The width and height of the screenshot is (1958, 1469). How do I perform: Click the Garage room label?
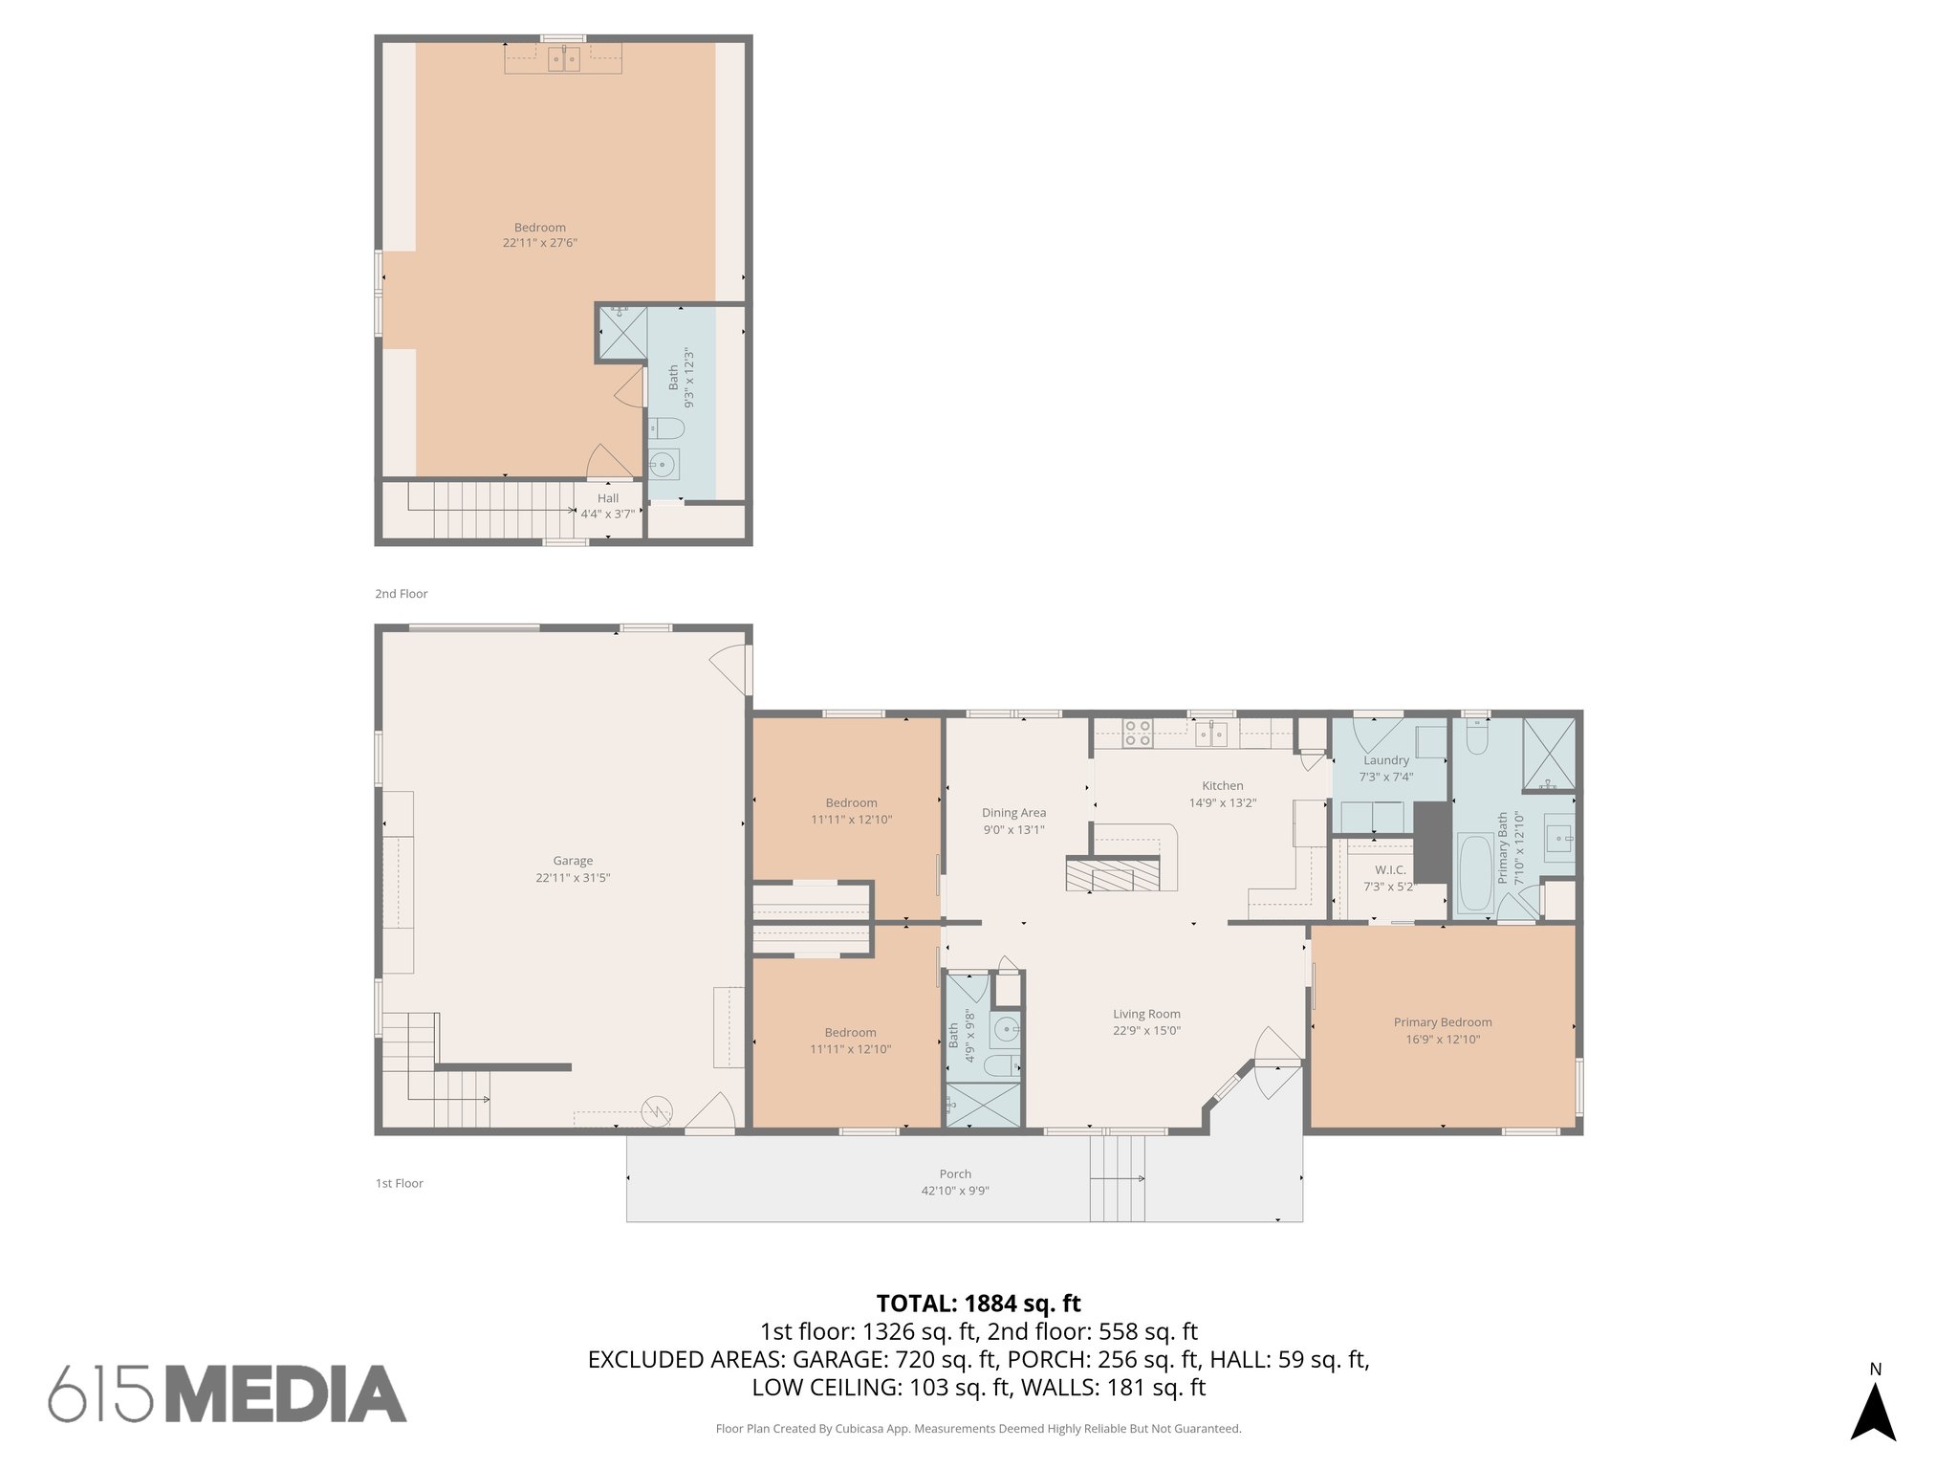[x=573, y=861]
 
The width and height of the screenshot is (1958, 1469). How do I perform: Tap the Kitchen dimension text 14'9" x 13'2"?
[x=1222, y=803]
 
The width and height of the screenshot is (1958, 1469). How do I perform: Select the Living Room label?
[x=1146, y=1014]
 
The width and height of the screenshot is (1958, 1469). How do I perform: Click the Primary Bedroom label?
[x=1442, y=1022]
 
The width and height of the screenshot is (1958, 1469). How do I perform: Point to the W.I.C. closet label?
[x=1390, y=869]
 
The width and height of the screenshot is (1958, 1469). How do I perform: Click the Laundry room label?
[x=1385, y=760]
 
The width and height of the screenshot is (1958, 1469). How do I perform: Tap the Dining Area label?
[x=1013, y=813]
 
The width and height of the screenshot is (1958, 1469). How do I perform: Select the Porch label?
[x=954, y=1174]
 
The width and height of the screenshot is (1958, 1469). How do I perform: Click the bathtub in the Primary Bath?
[x=1474, y=872]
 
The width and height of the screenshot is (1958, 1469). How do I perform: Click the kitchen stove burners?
[x=1137, y=734]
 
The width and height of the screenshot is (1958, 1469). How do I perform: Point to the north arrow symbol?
[x=1873, y=1411]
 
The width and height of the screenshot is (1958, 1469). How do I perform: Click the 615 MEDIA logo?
[x=228, y=1393]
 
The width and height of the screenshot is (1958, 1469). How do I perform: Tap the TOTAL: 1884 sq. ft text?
[x=978, y=1304]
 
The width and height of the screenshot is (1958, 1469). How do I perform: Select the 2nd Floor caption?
[x=401, y=594]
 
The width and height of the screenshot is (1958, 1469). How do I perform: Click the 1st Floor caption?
[x=399, y=1183]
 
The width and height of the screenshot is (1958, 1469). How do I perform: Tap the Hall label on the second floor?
[x=608, y=498]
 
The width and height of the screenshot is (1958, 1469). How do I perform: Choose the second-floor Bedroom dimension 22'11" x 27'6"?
[x=540, y=243]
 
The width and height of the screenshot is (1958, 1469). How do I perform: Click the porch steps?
[x=1118, y=1178]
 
